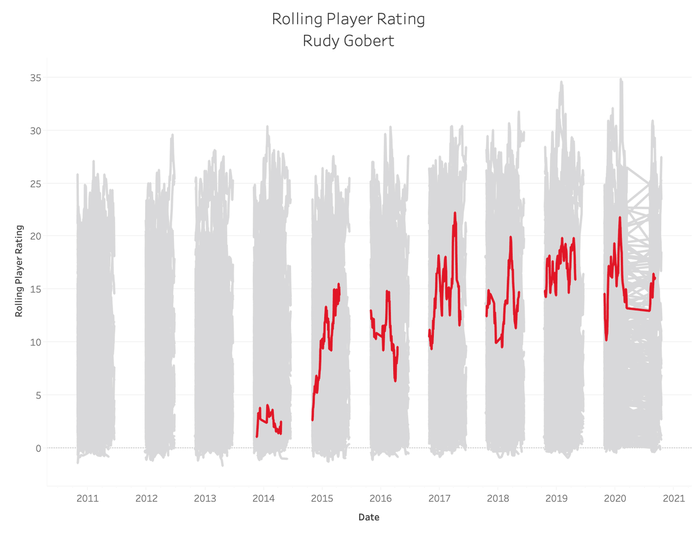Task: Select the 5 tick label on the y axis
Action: (38, 395)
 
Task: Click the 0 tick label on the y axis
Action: (38, 448)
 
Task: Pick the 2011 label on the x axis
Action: (88, 498)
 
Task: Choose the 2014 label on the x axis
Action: (263, 498)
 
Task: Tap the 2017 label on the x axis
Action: (439, 498)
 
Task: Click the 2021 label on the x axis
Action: (674, 498)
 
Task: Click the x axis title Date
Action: (369, 517)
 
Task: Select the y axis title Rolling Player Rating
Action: (19, 271)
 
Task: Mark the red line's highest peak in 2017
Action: (455, 213)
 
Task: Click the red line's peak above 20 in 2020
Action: (620, 218)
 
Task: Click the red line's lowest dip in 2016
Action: (395, 381)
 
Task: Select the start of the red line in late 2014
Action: (313, 419)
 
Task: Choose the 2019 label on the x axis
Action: (556, 498)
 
